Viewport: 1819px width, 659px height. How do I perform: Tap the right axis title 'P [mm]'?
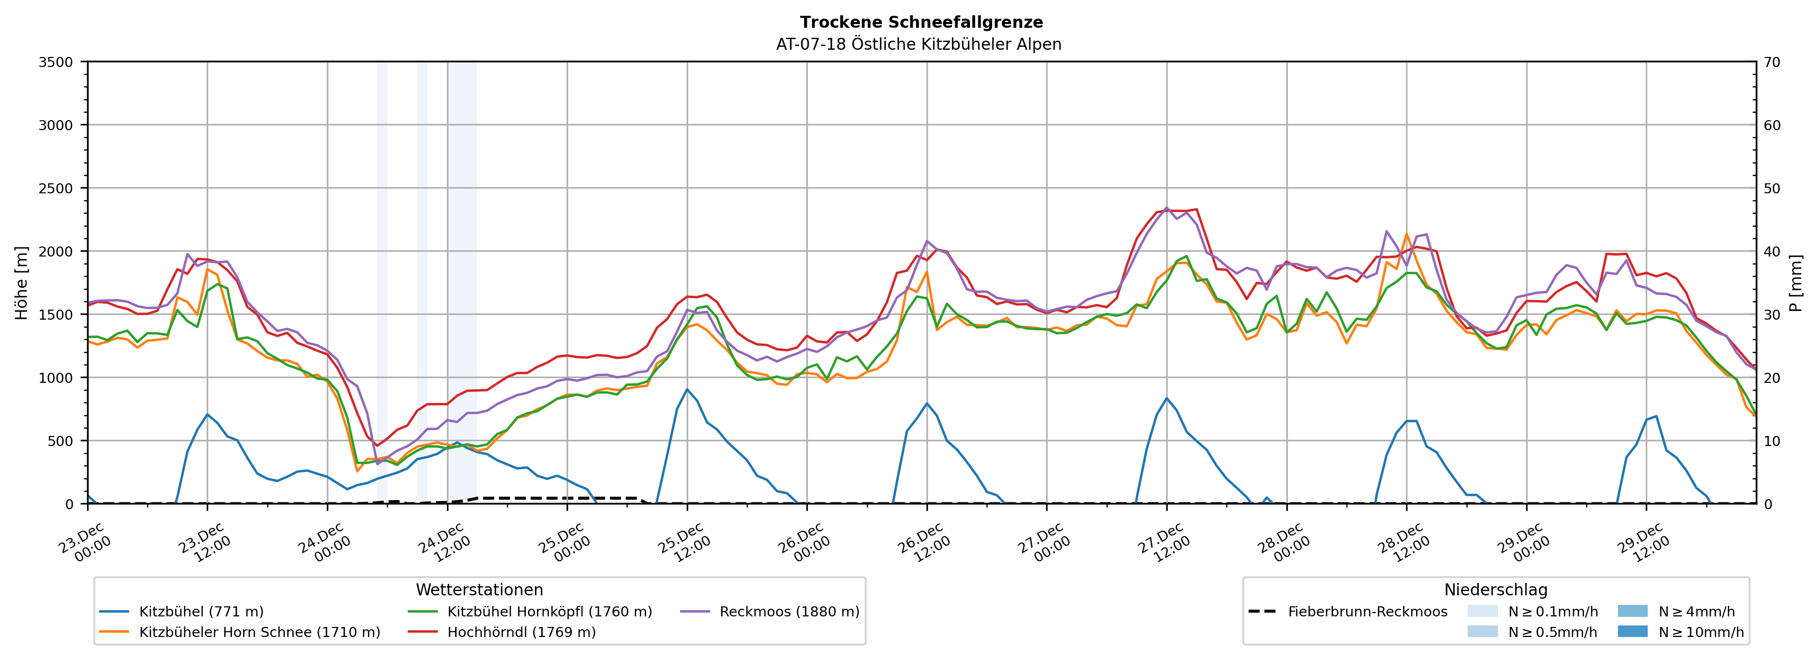pos(1796,282)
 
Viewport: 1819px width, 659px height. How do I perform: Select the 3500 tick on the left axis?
pos(55,62)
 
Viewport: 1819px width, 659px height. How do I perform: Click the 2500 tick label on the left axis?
pos(55,189)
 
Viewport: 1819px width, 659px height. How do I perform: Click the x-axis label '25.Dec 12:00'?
pos(683,542)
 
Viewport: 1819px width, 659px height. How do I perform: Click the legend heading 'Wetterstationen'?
pos(480,590)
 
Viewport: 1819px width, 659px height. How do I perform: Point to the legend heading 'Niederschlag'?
pos(1495,590)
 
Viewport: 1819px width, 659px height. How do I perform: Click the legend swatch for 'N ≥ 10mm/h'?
pos(1632,631)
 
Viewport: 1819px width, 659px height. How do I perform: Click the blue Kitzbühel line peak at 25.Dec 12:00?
pos(687,389)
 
